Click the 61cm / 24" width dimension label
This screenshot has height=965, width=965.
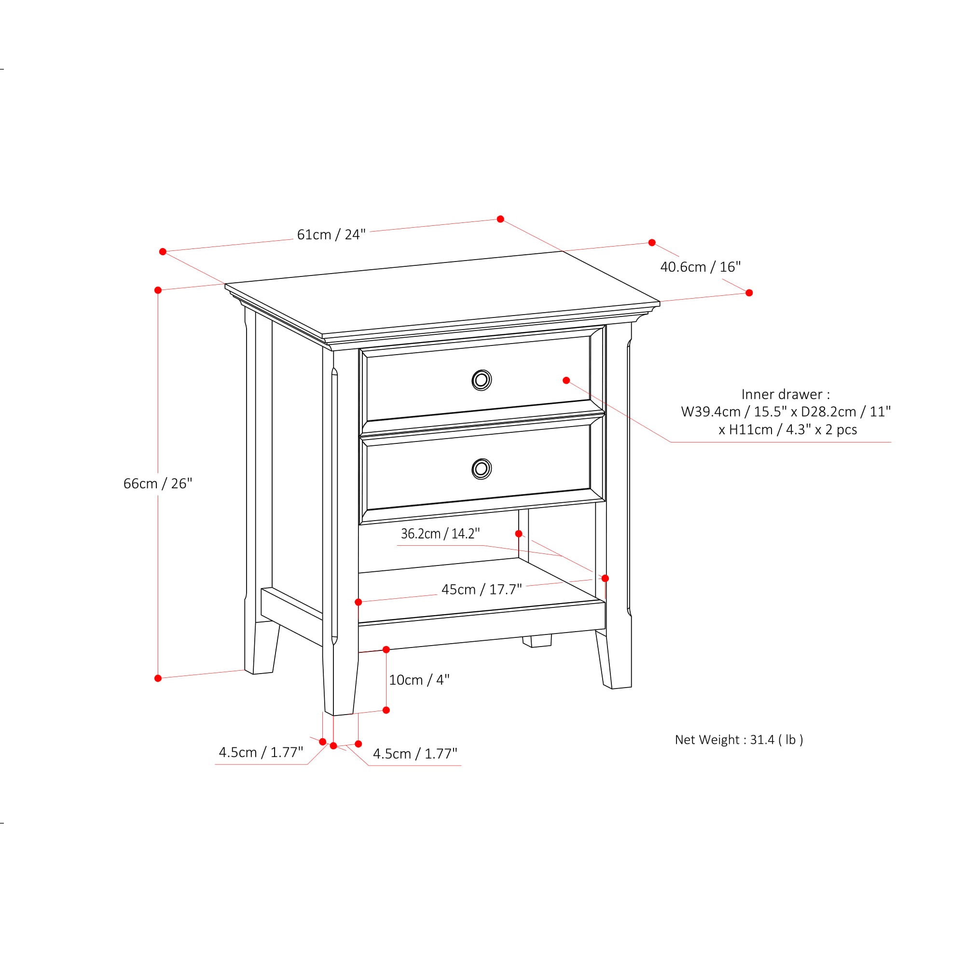[331, 234]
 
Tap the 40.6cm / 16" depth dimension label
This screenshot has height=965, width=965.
[700, 267]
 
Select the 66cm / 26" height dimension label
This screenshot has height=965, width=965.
[157, 483]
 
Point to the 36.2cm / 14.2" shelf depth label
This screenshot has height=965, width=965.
[440, 534]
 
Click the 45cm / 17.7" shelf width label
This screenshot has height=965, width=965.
[482, 590]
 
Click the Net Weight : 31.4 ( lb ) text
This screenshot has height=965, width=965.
[739, 739]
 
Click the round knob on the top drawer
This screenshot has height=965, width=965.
[482, 380]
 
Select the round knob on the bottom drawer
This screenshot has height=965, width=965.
[482, 469]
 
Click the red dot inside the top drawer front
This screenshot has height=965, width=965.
[566, 381]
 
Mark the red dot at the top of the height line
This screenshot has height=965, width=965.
[158, 290]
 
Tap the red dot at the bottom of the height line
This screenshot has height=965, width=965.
[158, 678]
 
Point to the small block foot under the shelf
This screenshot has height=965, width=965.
[537, 641]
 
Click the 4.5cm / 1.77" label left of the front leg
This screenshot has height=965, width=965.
[261, 752]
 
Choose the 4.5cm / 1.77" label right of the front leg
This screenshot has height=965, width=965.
[415, 754]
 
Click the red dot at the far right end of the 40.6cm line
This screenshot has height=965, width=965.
[749, 293]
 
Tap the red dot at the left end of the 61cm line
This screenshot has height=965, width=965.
[163, 252]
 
